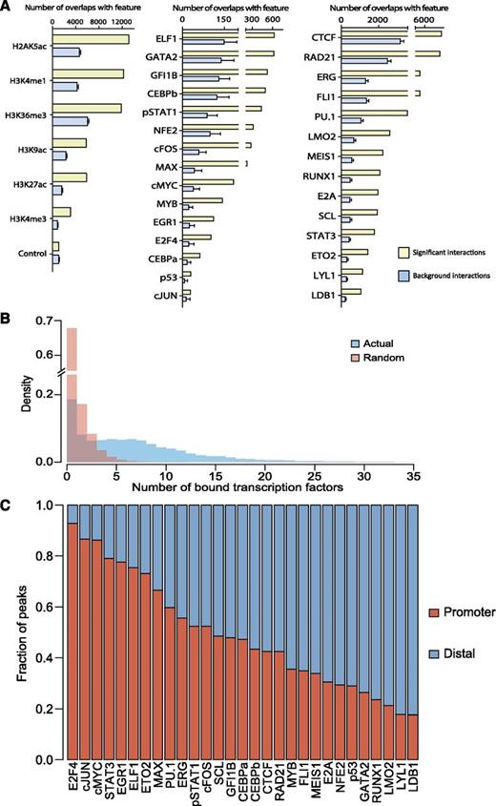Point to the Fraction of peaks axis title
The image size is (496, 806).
(x=12, y=631)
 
